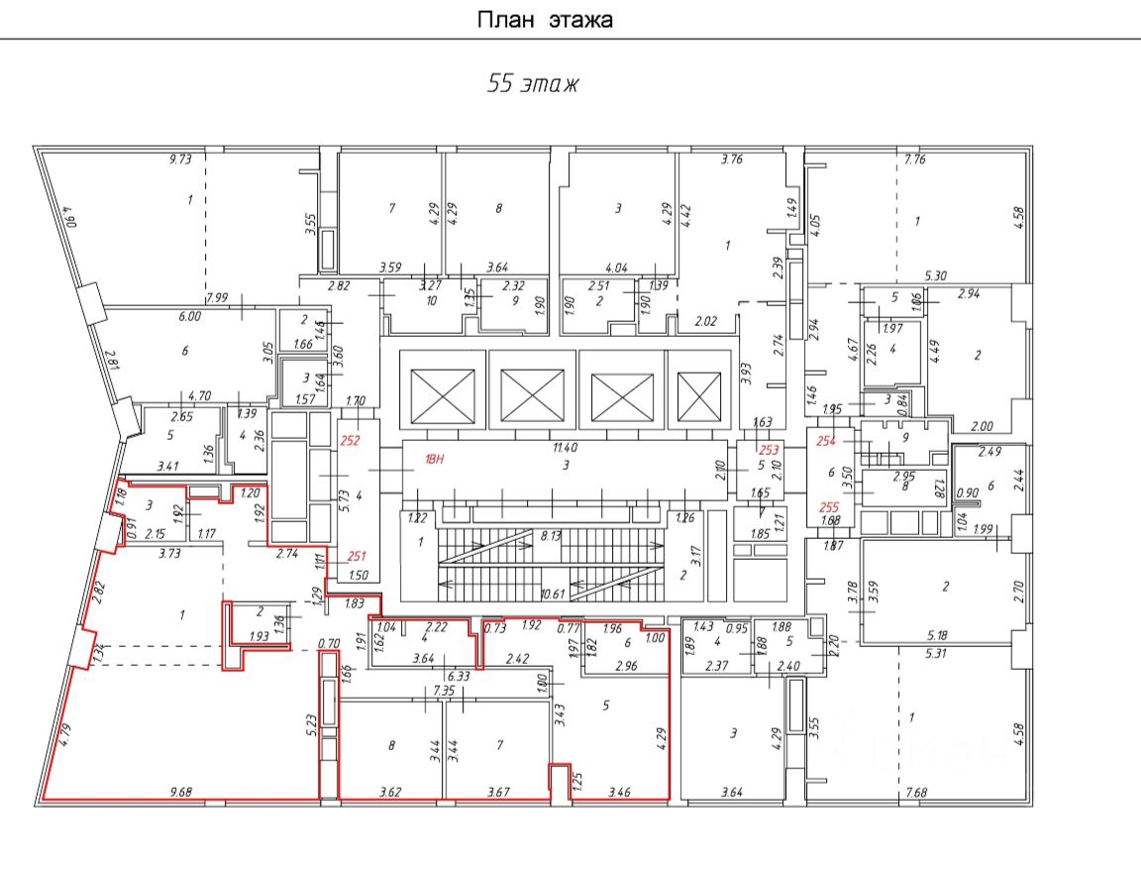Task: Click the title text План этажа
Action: (x=546, y=19)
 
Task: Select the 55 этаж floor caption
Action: (x=533, y=84)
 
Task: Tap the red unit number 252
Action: (x=351, y=441)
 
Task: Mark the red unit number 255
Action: (x=830, y=506)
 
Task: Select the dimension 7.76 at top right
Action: (x=913, y=160)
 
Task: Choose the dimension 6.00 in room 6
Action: (x=188, y=316)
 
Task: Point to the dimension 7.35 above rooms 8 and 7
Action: (x=444, y=689)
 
